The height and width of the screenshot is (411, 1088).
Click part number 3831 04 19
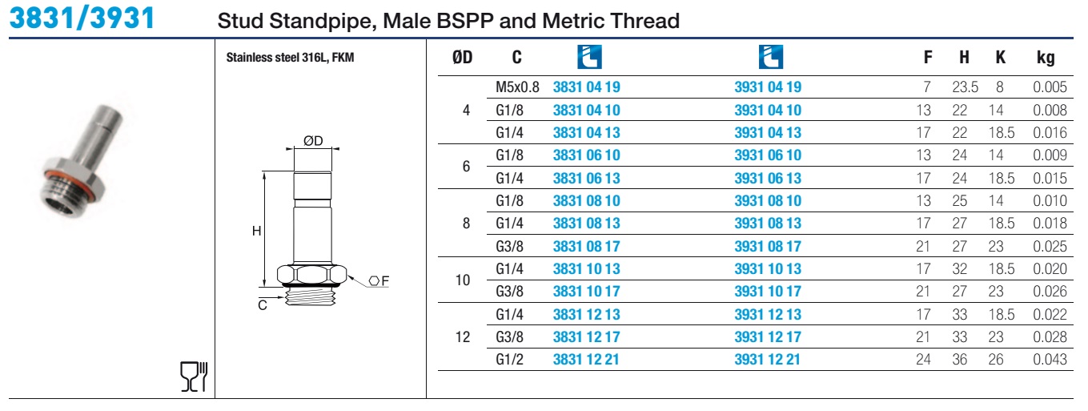coord(586,87)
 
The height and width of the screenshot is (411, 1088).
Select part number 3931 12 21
coord(767,360)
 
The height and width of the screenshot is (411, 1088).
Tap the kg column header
coord(1046,58)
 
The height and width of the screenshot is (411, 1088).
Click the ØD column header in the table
coord(462,58)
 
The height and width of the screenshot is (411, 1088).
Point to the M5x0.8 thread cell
coord(517,87)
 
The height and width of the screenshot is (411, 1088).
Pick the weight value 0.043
coord(1050,360)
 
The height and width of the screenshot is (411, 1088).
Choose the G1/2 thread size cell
coord(509,360)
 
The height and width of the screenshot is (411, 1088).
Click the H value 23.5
coord(965,87)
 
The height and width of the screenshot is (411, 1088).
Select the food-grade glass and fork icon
coord(194,377)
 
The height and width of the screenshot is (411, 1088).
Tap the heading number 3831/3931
coord(82,18)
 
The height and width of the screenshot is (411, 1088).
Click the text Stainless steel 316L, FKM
coord(290,58)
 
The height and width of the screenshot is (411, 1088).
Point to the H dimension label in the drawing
coord(256,231)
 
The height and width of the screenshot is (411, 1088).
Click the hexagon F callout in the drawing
coord(379,280)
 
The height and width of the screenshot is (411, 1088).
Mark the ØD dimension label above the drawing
coord(313,141)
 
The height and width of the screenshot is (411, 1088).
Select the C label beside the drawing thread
coord(263,305)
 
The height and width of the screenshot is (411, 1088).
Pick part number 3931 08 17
coord(768,246)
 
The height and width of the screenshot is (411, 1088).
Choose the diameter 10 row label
coord(463,280)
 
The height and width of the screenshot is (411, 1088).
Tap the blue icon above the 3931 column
coord(771,57)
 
